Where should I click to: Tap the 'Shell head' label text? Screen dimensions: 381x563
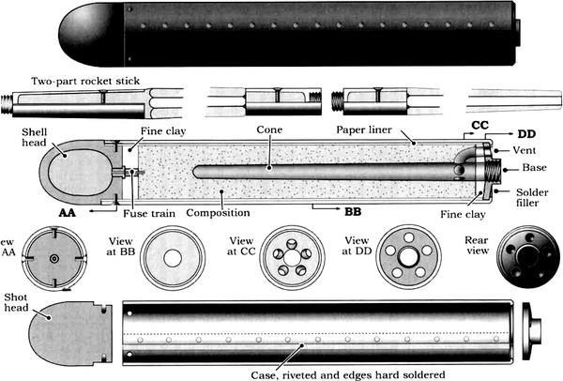[x=20, y=141]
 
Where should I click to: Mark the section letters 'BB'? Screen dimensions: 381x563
[x=353, y=212]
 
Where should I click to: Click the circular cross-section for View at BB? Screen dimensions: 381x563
[x=173, y=256]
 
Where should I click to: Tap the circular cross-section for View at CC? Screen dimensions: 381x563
[x=290, y=256]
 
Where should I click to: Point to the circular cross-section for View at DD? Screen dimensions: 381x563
[x=408, y=256]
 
